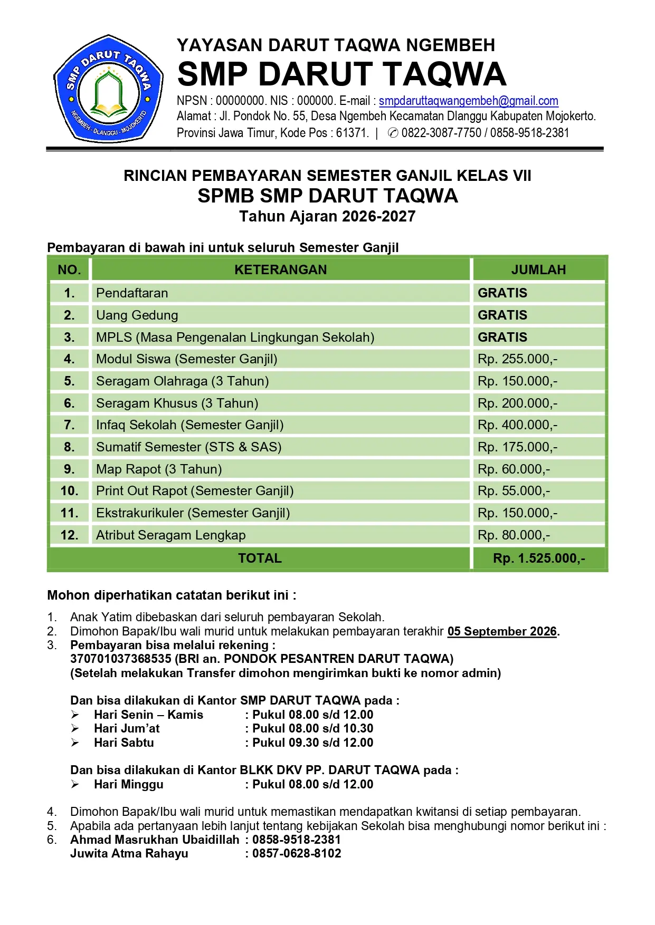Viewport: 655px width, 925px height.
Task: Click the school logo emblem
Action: [108, 89]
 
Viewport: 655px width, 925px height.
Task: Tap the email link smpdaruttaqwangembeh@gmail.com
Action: [468, 101]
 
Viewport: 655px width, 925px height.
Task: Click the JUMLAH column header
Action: [538, 269]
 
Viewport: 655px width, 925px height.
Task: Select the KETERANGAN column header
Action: [280, 269]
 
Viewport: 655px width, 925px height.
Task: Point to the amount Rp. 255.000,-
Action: [517, 359]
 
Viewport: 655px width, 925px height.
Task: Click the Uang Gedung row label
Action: [137, 315]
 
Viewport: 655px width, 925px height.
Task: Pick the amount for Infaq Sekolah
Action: [517, 425]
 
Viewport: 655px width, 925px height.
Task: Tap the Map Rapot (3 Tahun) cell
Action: [159, 469]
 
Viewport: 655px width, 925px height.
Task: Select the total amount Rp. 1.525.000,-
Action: [539, 558]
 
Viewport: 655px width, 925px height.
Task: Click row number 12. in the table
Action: [69, 535]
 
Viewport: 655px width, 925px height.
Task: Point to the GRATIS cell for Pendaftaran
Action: [502, 293]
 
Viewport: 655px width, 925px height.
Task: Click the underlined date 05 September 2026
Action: [502, 631]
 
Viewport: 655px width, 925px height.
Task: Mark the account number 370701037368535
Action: [121, 659]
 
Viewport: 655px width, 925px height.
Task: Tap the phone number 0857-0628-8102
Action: [297, 853]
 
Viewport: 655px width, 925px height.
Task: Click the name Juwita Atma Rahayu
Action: [129, 853]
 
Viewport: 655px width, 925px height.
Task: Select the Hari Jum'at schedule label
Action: [127, 728]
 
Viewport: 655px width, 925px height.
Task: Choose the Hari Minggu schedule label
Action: [129, 784]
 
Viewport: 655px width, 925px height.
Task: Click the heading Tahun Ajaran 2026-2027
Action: [327, 216]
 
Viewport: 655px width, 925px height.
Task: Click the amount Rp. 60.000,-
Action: [514, 469]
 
